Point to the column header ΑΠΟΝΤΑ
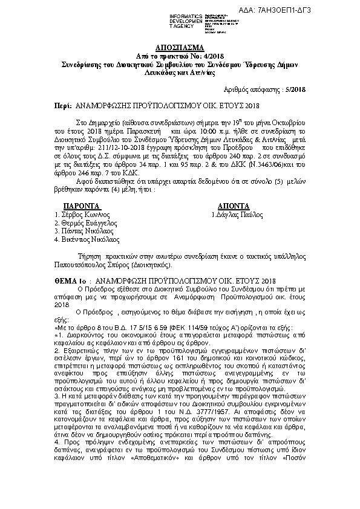pyautogui.click(x=227, y=205)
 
